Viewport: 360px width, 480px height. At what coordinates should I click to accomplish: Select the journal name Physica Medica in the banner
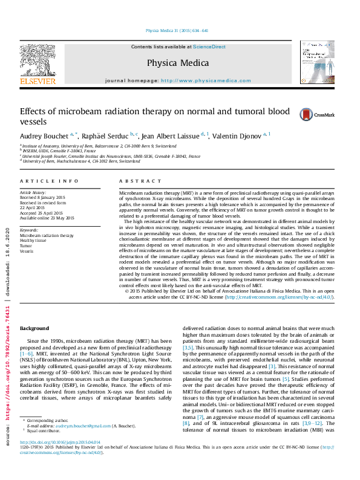[x=177, y=62]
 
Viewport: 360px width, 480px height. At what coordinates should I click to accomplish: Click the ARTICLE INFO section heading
[x=49, y=181]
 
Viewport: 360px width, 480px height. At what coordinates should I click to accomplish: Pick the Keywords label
[x=30, y=230]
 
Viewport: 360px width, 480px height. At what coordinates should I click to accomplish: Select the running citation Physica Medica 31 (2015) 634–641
[x=177, y=30]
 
